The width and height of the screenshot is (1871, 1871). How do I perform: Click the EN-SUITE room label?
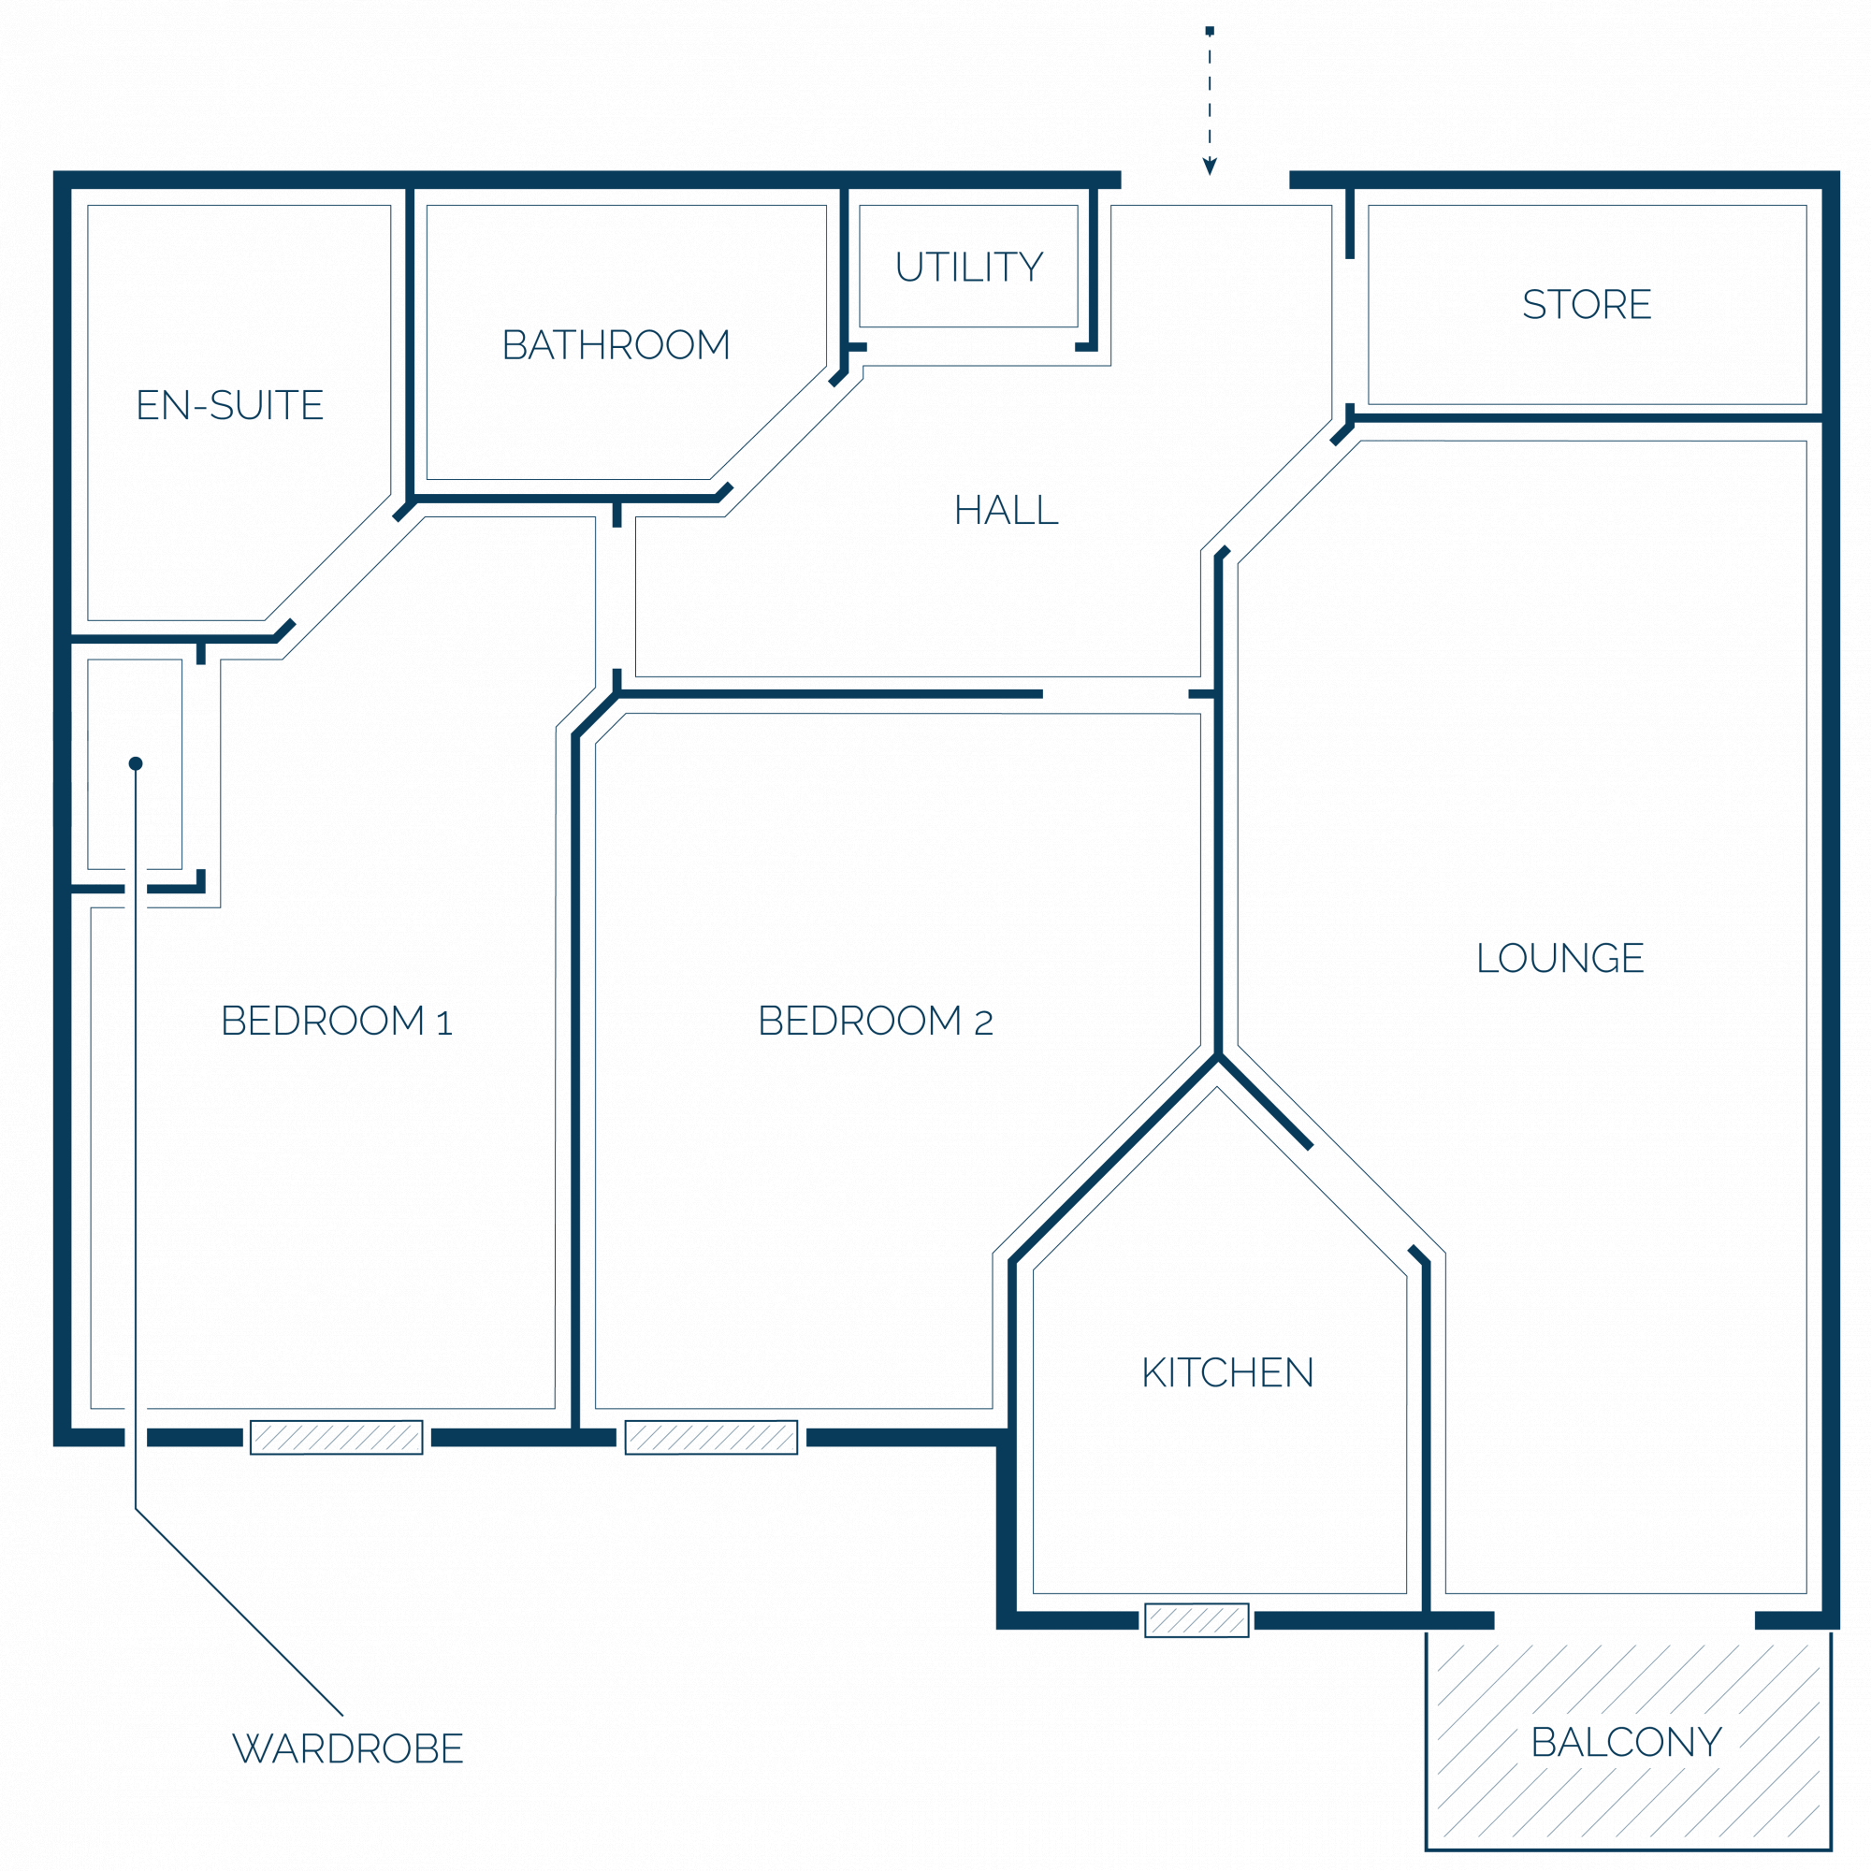(x=229, y=405)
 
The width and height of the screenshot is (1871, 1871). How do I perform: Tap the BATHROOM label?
(x=616, y=345)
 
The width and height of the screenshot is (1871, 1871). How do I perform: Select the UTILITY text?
(x=969, y=267)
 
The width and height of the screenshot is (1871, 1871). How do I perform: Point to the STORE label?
(x=1587, y=304)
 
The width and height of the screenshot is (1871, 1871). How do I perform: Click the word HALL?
(x=1007, y=511)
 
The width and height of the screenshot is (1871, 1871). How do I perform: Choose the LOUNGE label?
(x=1560, y=958)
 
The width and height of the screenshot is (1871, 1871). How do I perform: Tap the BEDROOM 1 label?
(x=337, y=1021)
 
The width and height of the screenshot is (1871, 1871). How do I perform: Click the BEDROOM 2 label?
(x=876, y=1021)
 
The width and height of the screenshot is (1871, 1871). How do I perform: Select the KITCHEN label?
(x=1228, y=1372)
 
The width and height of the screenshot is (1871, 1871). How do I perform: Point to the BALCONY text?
(x=1627, y=1742)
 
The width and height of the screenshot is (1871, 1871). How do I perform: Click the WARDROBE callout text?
(x=348, y=1748)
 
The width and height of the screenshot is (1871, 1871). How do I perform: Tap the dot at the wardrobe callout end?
(x=136, y=763)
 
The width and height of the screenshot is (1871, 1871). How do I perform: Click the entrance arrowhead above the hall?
(x=1210, y=167)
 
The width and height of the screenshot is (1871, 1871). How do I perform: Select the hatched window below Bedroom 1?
(x=336, y=1437)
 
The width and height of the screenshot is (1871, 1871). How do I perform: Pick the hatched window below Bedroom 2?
(x=711, y=1437)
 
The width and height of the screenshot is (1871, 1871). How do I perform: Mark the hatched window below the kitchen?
(x=1197, y=1620)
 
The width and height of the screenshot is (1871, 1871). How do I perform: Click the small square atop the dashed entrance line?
(x=1210, y=31)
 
